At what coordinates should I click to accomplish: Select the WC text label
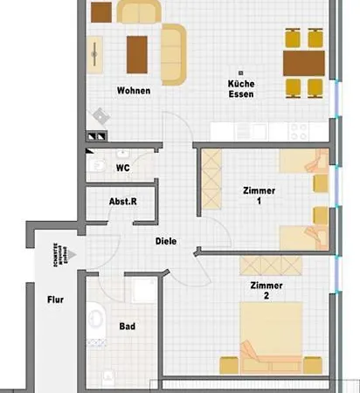122,166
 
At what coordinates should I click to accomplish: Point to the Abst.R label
122,202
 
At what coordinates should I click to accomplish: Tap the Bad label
127,327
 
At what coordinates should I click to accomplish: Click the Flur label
54,299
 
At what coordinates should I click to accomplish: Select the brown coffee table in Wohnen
136,53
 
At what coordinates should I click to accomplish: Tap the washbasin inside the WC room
96,164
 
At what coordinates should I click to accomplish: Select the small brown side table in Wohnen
102,11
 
